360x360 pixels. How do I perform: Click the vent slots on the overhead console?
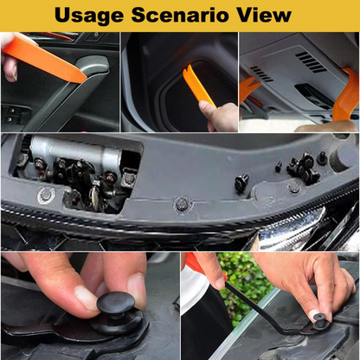(310, 61)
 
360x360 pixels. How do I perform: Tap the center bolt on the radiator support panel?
(182, 204)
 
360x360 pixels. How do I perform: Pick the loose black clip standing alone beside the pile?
(242, 182)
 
